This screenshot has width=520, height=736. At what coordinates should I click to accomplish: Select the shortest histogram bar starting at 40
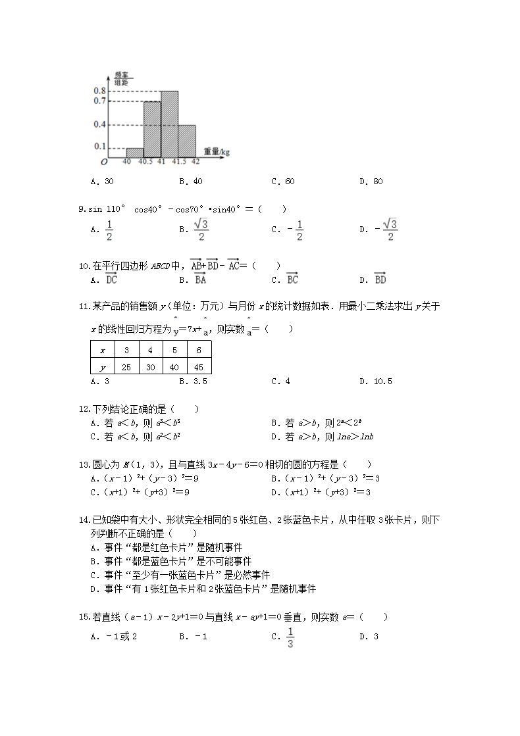click(x=135, y=152)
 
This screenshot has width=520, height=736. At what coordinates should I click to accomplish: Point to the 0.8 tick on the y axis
click(x=100, y=91)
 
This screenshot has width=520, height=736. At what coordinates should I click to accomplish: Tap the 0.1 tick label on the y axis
click(x=100, y=146)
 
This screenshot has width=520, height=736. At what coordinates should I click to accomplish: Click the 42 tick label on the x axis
click(x=195, y=162)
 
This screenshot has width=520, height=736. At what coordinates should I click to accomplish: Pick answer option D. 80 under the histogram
click(x=371, y=182)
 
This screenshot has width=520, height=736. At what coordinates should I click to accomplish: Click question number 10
click(x=84, y=266)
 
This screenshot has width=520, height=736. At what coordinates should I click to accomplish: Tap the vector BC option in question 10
click(x=292, y=280)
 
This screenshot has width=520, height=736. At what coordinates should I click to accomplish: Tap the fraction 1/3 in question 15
click(x=290, y=637)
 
